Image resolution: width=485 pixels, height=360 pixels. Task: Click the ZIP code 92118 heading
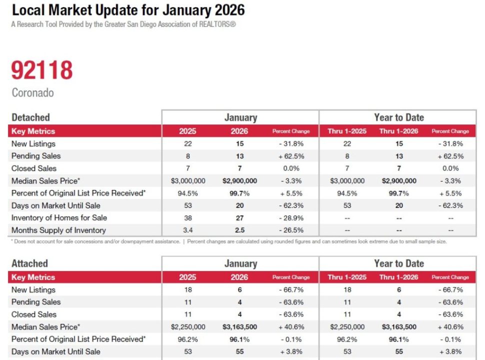coord(42,70)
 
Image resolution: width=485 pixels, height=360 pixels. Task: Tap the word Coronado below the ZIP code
coord(32,93)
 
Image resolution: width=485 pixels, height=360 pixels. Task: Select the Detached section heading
coord(30,117)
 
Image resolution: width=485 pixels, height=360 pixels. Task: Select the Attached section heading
coord(29,263)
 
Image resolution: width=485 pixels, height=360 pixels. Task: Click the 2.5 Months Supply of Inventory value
coord(239,230)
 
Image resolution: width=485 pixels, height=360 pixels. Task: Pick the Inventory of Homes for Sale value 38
coord(187,218)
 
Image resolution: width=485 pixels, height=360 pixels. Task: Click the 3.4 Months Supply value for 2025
coord(187,230)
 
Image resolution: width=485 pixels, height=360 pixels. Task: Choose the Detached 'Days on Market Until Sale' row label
coord(55,205)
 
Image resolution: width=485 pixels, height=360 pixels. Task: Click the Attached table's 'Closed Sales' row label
coord(34,314)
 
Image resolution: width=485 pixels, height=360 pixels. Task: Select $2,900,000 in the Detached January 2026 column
coord(239,181)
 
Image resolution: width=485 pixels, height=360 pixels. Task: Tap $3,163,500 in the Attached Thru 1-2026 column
coord(398,327)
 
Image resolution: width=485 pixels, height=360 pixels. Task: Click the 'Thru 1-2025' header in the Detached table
coord(347,131)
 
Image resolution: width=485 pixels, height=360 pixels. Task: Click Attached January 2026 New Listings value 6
coord(239,290)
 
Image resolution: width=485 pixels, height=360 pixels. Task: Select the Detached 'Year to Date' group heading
coord(398,117)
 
